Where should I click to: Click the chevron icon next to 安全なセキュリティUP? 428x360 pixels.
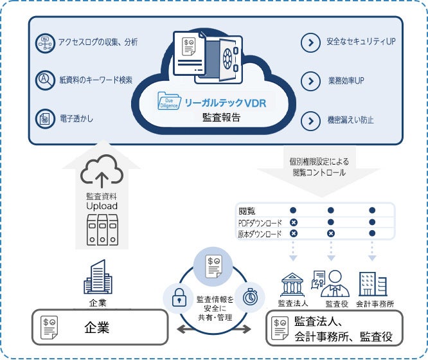(x=310, y=43)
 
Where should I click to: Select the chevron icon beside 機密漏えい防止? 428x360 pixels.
(x=310, y=120)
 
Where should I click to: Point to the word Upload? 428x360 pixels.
(x=102, y=206)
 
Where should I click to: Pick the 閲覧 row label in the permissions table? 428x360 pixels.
(x=246, y=210)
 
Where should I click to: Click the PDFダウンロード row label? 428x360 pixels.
(x=260, y=222)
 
